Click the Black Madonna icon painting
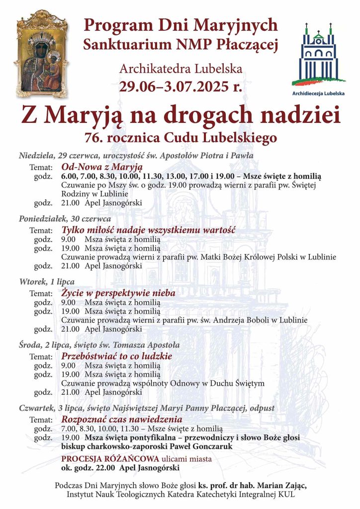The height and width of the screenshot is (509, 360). [41, 54]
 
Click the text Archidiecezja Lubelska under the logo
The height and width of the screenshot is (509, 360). [318, 92]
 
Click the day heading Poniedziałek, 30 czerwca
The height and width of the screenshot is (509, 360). [65, 219]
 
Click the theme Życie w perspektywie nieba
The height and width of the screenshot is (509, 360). [118, 293]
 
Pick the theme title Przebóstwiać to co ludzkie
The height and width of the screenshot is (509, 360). [116, 356]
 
